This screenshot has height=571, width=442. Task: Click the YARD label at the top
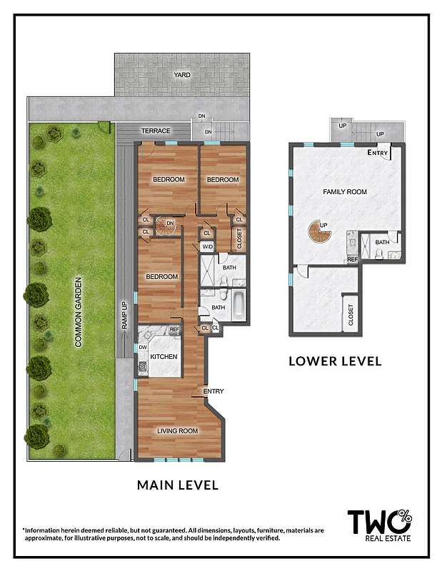[182, 74]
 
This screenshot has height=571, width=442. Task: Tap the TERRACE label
[156, 131]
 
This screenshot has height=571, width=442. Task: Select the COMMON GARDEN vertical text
[79, 313]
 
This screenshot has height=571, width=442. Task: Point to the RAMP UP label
[124, 315]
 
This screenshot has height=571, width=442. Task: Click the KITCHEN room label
[164, 357]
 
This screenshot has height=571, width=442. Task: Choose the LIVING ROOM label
[178, 430]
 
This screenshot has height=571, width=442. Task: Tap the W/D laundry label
[207, 247]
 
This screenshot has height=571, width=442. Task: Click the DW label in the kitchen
[143, 348]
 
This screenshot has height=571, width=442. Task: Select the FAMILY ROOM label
[345, 192]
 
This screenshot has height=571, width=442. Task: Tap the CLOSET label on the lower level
[351, 315]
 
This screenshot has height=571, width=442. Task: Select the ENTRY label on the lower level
[378, 153]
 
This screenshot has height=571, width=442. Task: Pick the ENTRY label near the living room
[214, 391]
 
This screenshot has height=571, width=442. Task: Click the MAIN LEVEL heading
[178, 485]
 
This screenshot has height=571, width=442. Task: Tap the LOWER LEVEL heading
[335, 361]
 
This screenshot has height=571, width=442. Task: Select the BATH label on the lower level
[383, 242]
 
